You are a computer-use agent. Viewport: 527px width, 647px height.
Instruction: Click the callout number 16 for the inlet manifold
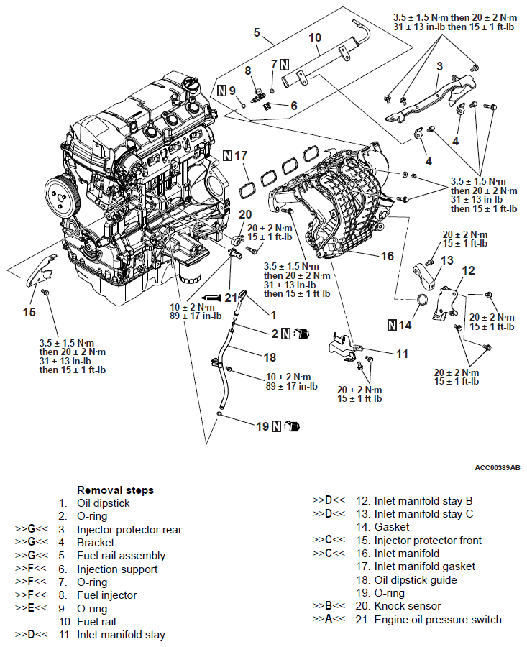pos(388,255)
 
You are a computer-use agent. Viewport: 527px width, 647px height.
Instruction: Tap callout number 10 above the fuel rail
pos(316,37)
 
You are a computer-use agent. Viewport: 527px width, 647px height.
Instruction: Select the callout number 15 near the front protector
pos(29,312)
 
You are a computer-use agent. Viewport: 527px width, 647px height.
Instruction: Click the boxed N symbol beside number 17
pos(228,155)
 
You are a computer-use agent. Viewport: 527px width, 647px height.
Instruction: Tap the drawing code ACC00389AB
pos(498,468)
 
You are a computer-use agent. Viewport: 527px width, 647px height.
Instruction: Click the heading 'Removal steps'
pos(115,490)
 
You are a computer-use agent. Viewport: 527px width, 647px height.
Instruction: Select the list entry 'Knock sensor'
pos(408,606)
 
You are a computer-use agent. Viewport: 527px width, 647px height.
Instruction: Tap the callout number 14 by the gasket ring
pos(405,325)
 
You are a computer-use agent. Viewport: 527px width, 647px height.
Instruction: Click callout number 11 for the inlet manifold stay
pos(402,354)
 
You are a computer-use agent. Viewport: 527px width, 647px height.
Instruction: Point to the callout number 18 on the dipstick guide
pos(270,357)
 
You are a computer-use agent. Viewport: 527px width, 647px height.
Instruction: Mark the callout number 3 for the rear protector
pos(439,67)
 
